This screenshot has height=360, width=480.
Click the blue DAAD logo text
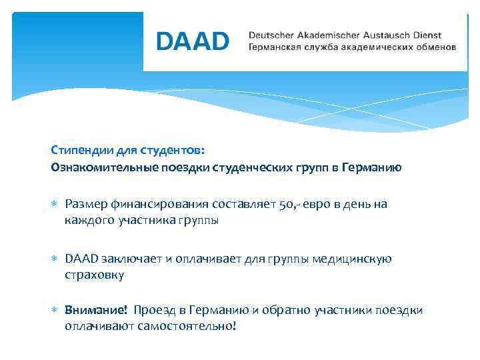point(193,41)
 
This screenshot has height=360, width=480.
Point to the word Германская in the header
point(275,48)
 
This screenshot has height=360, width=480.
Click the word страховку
point(94,274)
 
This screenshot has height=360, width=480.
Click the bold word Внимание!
point(96,310)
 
